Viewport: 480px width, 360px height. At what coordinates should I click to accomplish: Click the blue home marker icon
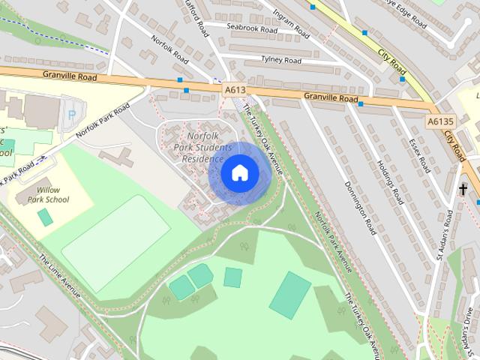[x=239, y=172]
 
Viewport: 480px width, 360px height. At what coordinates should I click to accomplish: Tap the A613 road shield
[x=234, y=89]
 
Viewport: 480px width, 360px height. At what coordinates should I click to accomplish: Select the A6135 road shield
[x=441, y=121]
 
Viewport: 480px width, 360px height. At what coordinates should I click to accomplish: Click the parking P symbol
[x=71, y=114]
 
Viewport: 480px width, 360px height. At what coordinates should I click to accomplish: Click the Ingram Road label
[x=292, y=21]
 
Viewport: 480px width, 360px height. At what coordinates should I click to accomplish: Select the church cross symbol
[x=463, y=189]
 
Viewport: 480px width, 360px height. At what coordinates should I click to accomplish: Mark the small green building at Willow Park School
[x=46, y=217]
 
